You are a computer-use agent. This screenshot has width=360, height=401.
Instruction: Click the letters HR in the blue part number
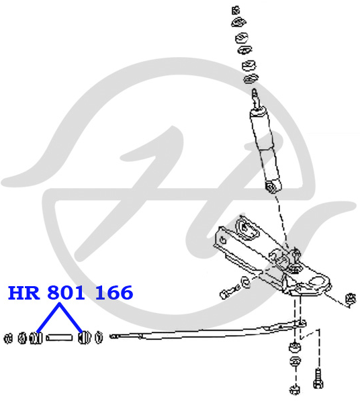(24, 293)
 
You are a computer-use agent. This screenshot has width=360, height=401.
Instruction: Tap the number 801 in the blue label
(66, 293)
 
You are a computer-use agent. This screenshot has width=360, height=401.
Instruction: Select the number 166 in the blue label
(114, 293)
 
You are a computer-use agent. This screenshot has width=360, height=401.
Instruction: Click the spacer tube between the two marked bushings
(59, 338)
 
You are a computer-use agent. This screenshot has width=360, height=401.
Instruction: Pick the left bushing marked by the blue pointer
(36, 338)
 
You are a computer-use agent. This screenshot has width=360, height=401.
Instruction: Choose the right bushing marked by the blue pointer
(85, 338)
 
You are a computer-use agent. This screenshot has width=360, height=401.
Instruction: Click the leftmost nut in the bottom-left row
(8, 339)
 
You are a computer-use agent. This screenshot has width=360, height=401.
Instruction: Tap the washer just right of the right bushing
(99, 337)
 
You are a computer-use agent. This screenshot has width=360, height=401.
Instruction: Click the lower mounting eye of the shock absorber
(271, 187)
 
